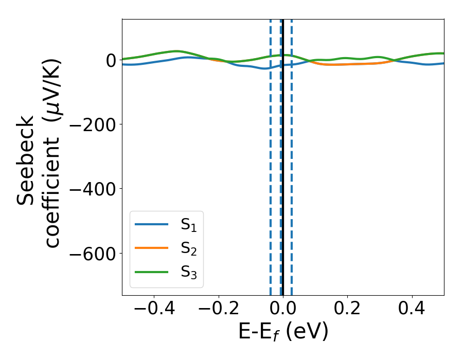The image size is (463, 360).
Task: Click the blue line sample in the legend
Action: pyautogui.click(x=151, y=225)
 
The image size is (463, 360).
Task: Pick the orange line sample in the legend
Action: pyautogui.click(x=151, y=248)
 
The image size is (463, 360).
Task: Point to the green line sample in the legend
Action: pyautogui.click(x=151, y=272)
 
